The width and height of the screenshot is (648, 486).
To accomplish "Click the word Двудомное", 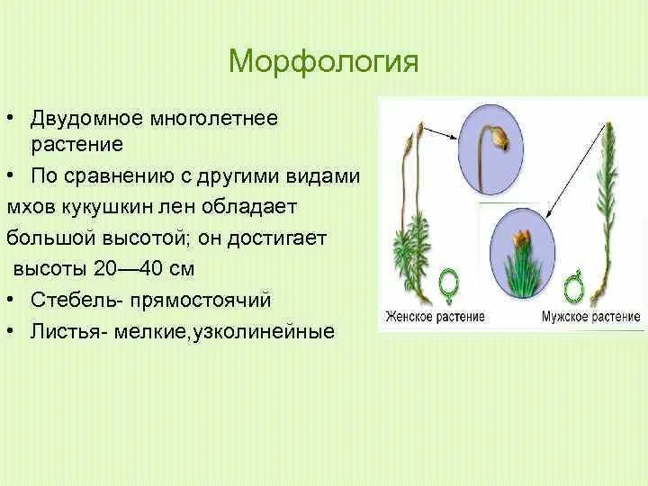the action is (x=86, y=118).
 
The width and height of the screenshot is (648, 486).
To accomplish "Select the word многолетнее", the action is (x=213, y=120).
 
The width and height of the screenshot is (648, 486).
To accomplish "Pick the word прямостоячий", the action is (x=202, y=301).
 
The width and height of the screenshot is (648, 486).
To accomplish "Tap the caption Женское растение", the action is (x=435, y=317).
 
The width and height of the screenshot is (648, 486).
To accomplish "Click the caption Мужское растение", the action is (x=591, y=317).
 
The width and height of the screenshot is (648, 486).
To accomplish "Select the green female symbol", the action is (x=448, y=284).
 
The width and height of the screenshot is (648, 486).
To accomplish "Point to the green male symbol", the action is (x=573, y=285).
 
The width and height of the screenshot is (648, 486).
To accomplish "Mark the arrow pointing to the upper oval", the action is (x=441, y=134).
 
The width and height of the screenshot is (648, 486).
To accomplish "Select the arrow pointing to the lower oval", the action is (x=574, y=172).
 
